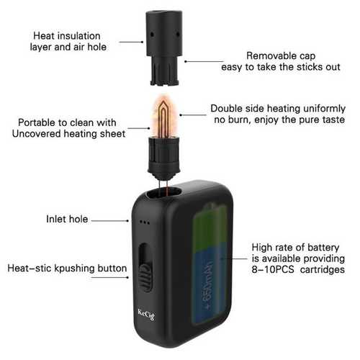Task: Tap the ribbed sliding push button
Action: point(145,278)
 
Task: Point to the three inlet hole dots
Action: point(145,222)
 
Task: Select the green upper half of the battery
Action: point(210,225)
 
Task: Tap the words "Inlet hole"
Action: point(67,219)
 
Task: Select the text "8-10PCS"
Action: point(273,269)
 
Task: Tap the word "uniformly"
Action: point(325,109)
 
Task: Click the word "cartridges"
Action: point(323,270)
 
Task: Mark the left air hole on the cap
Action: point(152,35)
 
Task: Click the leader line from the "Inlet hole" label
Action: point(110,221)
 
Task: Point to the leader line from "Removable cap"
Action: point(204,61)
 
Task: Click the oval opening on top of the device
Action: point(163,193)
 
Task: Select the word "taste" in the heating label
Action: point(334,120)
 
